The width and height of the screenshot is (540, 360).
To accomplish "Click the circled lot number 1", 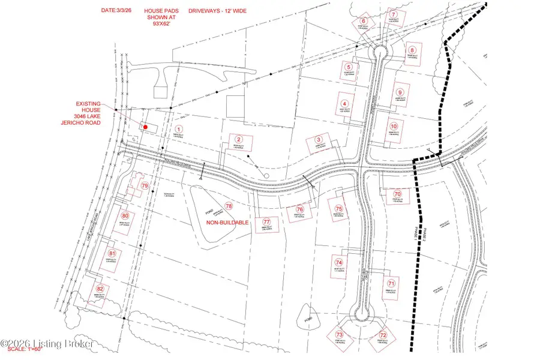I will [x=178, y=129].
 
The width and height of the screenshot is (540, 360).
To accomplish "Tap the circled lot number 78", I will [x=229, y=206].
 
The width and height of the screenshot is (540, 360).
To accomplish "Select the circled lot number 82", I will [x=100, y=289].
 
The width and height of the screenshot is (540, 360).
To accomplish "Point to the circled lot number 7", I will [x=394, y=14].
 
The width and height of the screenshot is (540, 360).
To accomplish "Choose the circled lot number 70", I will [x=397, y=194].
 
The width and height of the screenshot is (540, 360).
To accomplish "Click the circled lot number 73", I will [x=340, y=334].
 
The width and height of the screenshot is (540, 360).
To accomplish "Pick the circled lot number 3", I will [x=319, y=142].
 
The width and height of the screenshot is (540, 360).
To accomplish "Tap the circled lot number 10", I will [x=394, y=127].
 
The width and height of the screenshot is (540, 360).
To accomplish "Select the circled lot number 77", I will [x=267, y=221].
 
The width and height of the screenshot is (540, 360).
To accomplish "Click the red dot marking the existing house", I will [x=145, y=127].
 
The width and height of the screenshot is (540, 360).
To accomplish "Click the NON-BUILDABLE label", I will [x=227, y=223].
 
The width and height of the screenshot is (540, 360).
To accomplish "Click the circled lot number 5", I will [x=349, y=67].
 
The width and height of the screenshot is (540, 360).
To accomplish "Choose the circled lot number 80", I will [x=125, y=216].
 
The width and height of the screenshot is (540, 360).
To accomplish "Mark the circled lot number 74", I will [x=339, y=263].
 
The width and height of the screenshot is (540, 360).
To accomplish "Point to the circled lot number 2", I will [x=239, y=139].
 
